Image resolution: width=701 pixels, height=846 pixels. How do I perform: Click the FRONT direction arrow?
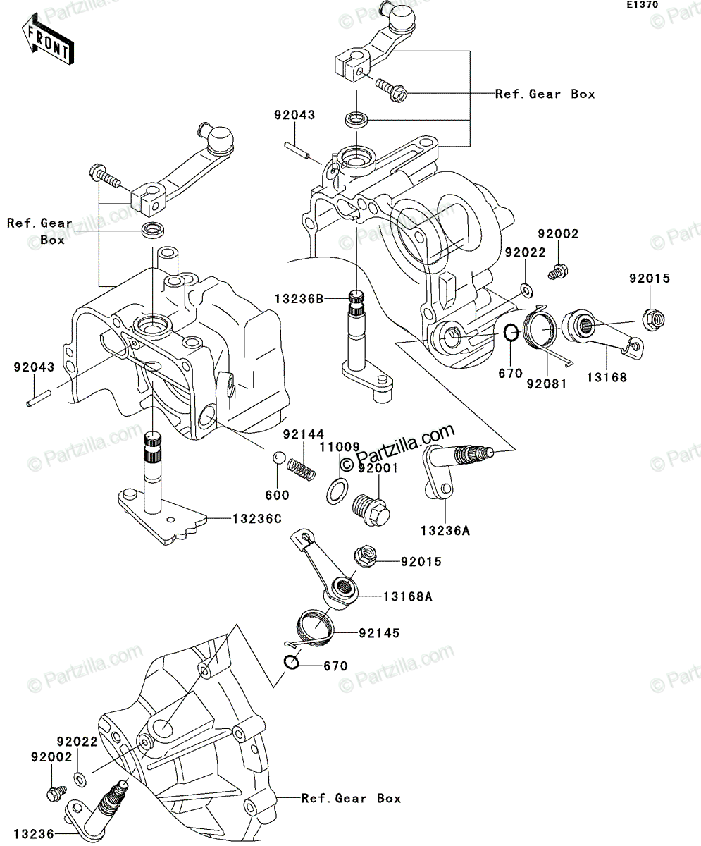(48, 39)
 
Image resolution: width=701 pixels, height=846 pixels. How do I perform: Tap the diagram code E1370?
(643, 5)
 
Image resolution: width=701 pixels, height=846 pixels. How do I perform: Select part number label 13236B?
(299, 299)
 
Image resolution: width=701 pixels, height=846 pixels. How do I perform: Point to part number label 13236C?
(257, 519)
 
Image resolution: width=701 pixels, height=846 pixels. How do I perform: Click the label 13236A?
(445, 531)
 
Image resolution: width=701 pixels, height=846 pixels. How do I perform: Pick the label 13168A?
(408, 597)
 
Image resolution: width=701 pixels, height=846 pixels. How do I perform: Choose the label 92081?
(546, 384)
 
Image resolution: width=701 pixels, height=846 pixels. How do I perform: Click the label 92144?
(304, 434)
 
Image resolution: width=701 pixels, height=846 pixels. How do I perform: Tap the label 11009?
(340, 447)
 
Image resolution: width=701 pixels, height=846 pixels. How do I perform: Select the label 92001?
(378, 468)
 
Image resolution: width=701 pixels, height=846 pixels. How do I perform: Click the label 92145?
(379, 633)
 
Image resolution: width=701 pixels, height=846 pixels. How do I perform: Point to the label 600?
(277, 495)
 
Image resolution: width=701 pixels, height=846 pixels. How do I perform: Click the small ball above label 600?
(278, 458)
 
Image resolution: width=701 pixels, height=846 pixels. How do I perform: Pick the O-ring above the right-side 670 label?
(511, 333)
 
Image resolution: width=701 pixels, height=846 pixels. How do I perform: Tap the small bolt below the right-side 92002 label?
(558, 271)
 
